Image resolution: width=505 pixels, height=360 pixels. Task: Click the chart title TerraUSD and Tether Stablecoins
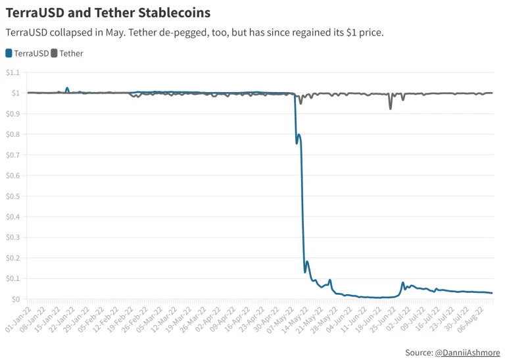pyautogui.click(x=108, y=13)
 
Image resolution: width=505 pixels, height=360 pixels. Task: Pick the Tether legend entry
pyautogui.click(x=67, y=53)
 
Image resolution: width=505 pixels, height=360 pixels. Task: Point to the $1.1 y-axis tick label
pyautogui.click(x=12, y=72)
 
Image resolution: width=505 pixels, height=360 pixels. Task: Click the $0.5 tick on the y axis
pyautogui.click(x=12, y=196)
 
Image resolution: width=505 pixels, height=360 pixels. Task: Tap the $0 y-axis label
pyautogui.click(x=16, y=299)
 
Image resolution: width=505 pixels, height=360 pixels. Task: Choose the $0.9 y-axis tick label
pyautogui.click(x=12, y=114)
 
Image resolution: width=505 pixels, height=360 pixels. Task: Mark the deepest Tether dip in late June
pyautogui.click(x=390, y=108)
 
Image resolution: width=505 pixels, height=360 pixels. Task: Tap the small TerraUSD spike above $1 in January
pyautogui.click(x=67, y=88)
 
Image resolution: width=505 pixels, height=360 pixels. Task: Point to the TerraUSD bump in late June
pyautogui.click(x=402, y=284)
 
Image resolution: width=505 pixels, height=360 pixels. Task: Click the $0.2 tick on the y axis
pyautogui.click(x=12, y=258)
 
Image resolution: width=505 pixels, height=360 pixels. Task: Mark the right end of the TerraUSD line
pyautogui.click(x=492, y=293)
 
